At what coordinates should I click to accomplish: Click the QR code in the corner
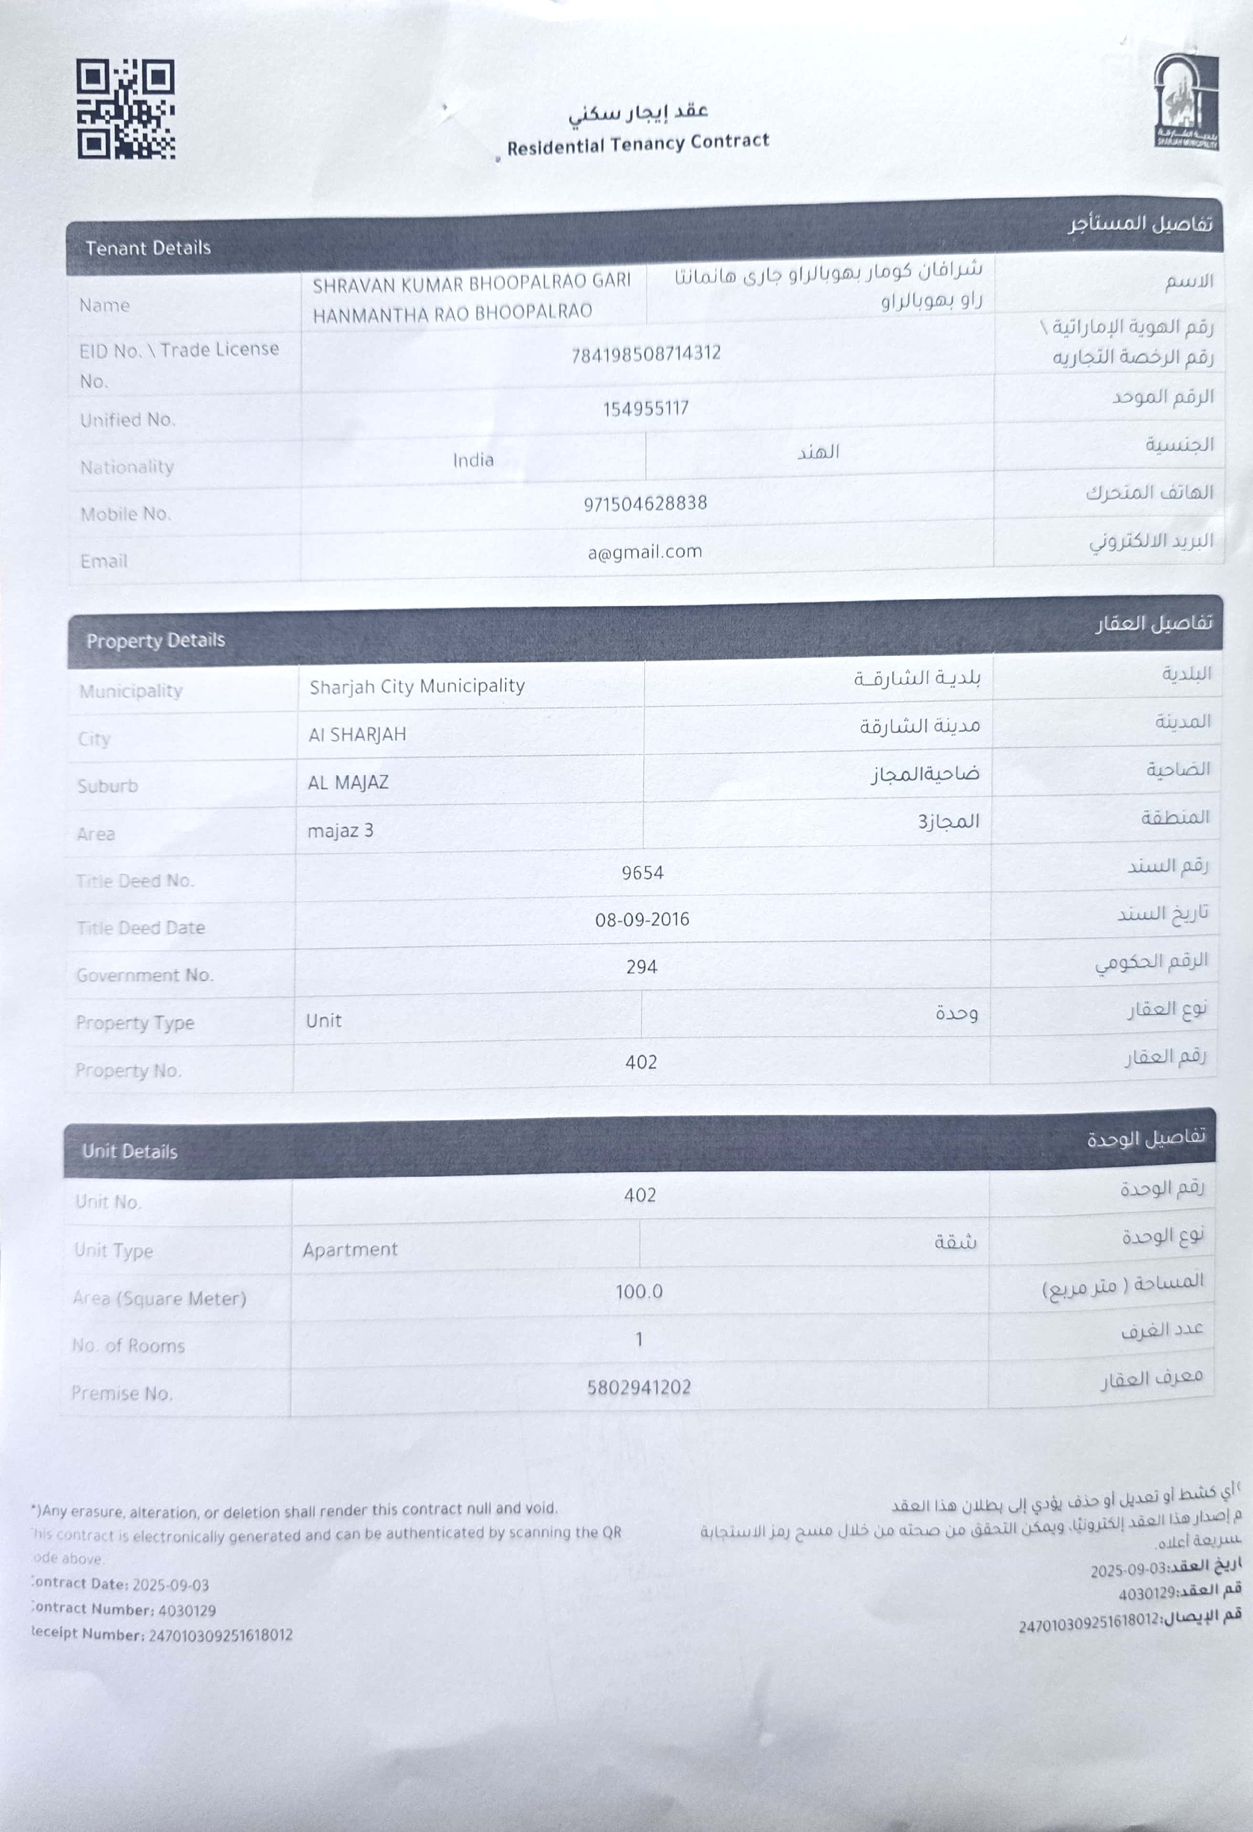tap(126, 109)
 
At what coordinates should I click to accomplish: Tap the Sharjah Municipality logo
tap(1186, 103)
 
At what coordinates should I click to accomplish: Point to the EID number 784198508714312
tap(646, 353)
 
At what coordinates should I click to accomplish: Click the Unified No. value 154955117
tap(646, 408)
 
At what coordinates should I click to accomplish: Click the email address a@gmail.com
tap(645, 552)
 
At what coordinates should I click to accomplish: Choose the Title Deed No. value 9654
tap(642, 873)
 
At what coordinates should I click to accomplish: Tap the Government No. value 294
tap(641, 967)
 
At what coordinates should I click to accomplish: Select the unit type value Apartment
tap(350, 1249)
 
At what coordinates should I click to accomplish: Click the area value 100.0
tap(639, 1291)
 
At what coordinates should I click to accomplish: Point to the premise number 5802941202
tap(638, 1387)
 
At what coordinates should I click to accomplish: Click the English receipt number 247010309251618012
tap(221, 1635)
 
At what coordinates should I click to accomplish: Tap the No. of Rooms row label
tap(128, 1346)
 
